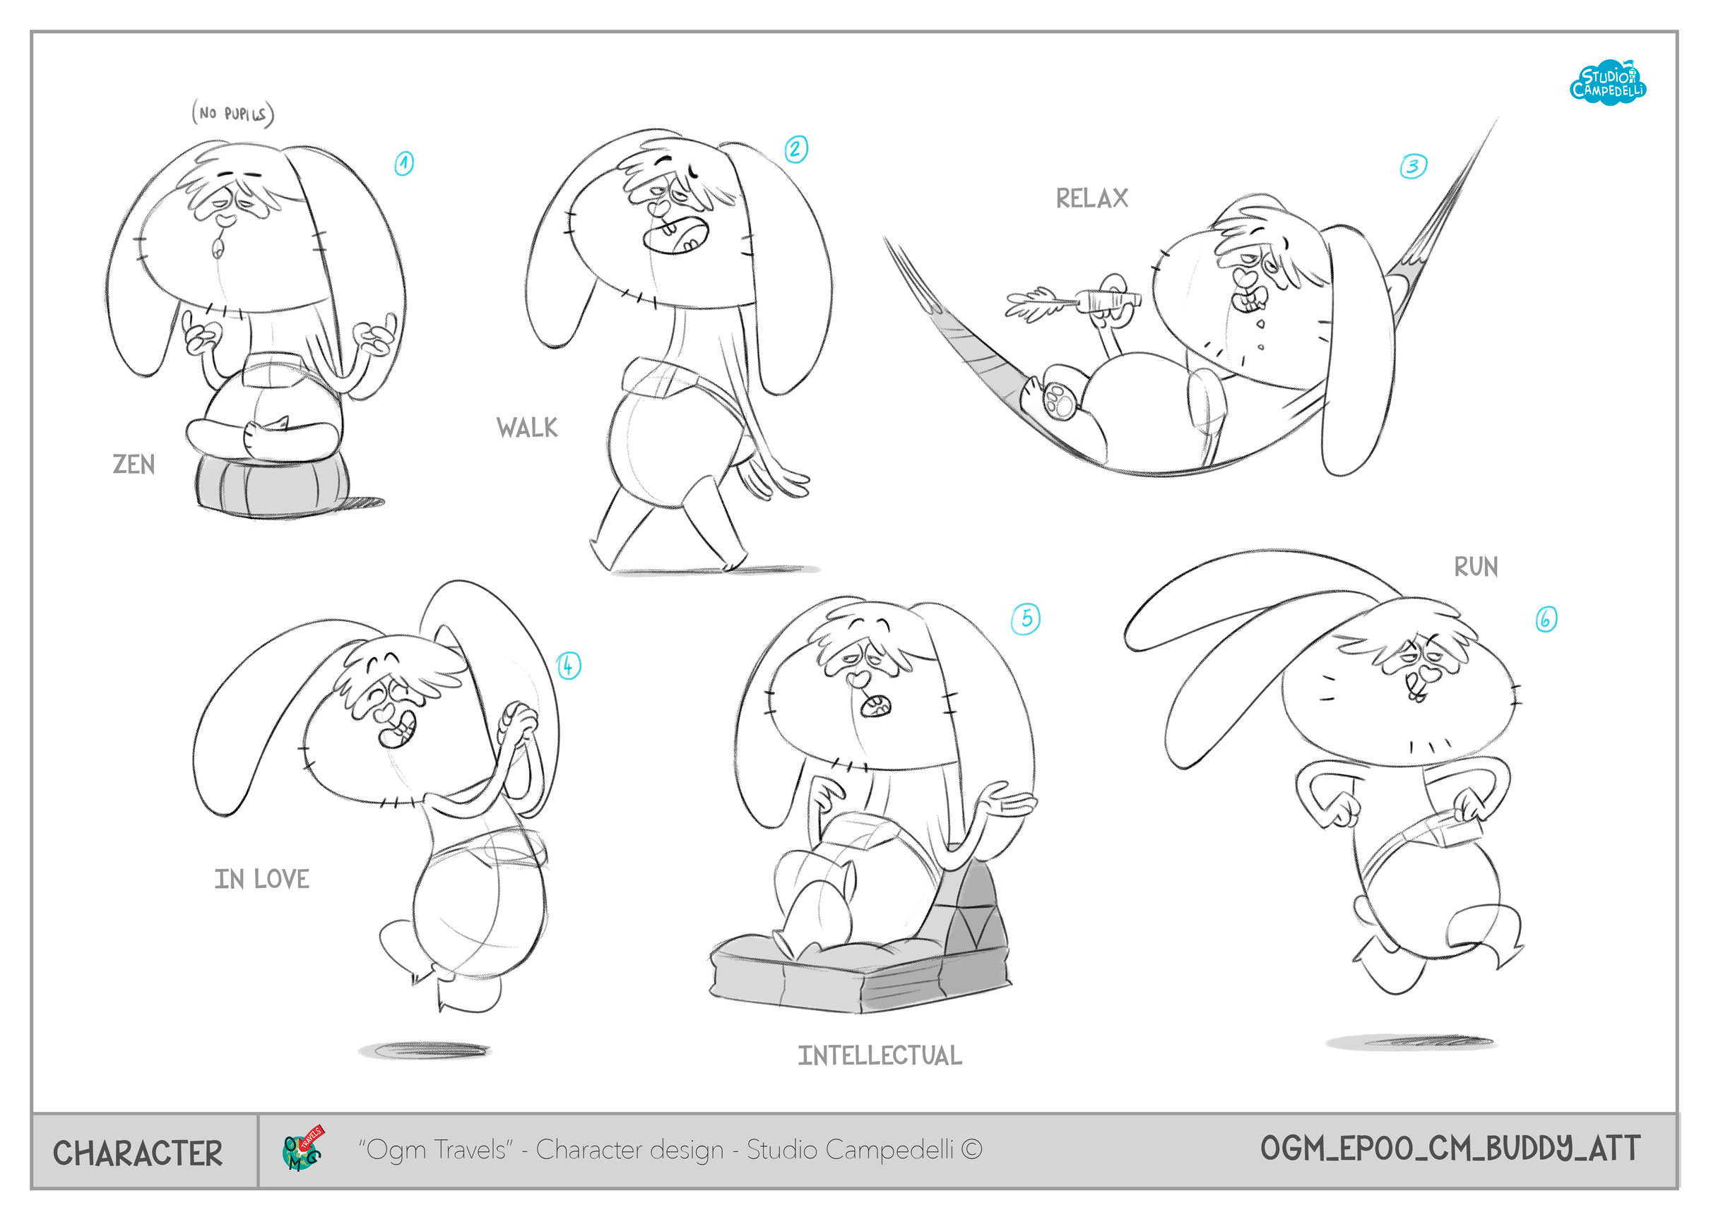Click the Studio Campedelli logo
click(x=1608, y=83)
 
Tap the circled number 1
click(x=404, y=162)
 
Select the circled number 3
click(x=1413, y=166)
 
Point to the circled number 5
click(x=1026, y=619)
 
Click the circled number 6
click(x=1546, y=619)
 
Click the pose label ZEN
click(x=134, y=464)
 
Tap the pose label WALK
click(x=527, y=428)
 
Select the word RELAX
click(x=1091, y=198)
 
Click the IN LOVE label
click(x=261, y=879)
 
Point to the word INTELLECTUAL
click(x=880, y=1056)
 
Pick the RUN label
click(x=1476, y=567)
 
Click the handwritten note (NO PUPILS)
click(x=233, y=113)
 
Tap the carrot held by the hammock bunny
click(x=1073, y=301)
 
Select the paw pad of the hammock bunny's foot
click(x=1060, y=399)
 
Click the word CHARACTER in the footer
click(x=138, y=1153)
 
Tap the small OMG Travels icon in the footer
click(x=303, y=1148)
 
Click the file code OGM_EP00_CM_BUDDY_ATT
click(x=1450, y=1148)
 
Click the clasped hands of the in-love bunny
click(x=519, y=719)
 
